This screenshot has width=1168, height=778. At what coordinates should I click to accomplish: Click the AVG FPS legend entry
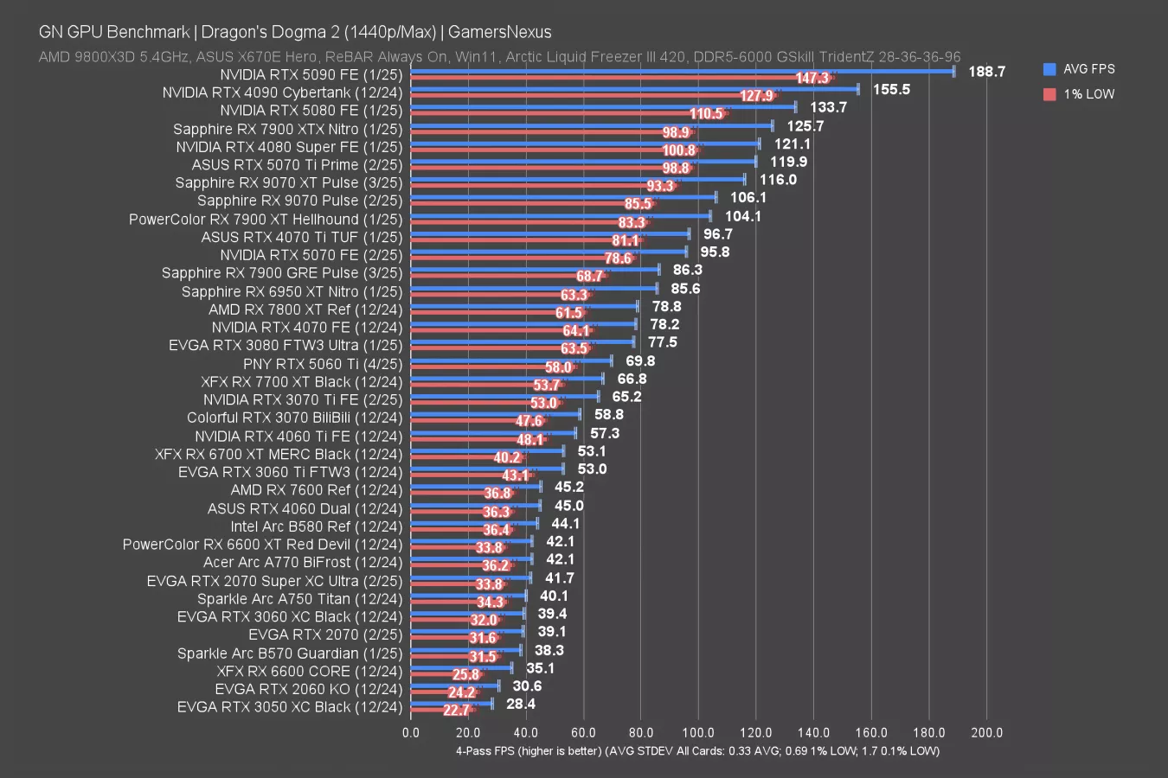pyautogui.click(x=1088, y=69)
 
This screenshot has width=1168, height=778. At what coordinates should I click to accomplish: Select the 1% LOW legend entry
pyautogui.click(x=1088, y=94)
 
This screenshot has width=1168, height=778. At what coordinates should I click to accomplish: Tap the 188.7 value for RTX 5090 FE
pyautogui.click(x=986, y=72)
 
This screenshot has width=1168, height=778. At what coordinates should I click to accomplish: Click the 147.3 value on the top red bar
pyautogui.click(x=812, y=79)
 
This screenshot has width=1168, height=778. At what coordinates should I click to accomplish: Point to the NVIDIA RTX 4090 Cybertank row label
pyautogui.click(x=282, y=92)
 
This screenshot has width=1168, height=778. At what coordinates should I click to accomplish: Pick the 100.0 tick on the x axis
pyautogui.click(x=698, y=733)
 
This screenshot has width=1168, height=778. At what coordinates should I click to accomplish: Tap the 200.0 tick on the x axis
pyautogui.click(x=987, y=733)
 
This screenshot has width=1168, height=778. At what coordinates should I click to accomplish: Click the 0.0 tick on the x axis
pyautogui.click(x=411, y=733)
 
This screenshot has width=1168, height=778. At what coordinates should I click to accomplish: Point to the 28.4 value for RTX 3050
pyautogui.click(x=521, y=705)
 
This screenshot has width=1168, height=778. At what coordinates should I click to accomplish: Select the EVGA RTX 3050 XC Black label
pyautogui.click(x=290, y=707)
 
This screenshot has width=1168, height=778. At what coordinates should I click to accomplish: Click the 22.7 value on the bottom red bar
pyautogui.click(x=456, y=711)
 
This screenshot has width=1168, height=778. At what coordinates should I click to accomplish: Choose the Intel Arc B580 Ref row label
pyautogui.click(x=316, y=526)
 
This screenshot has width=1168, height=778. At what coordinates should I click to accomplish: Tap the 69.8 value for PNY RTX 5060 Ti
pyautogui.click(x=640, y=360)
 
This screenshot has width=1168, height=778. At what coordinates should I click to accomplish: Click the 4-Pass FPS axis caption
pyautogui.click(x=697, y=751)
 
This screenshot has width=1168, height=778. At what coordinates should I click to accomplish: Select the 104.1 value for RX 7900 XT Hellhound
pyautogui.click(x=743, y=216)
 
